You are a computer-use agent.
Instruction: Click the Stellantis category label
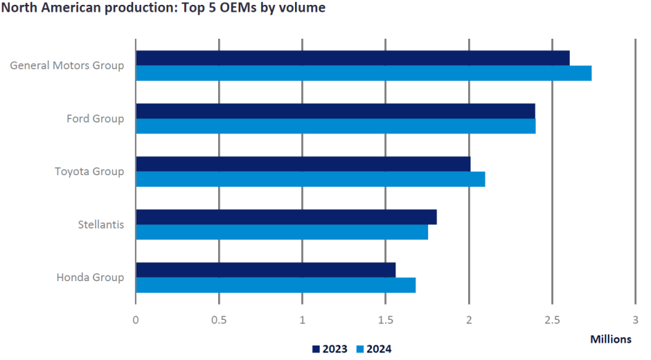101,224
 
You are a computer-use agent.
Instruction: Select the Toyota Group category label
89,171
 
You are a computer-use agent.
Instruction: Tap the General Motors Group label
67,66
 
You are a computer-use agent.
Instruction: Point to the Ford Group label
95,118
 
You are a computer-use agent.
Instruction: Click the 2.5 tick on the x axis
552,320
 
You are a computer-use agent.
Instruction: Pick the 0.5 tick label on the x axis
219,320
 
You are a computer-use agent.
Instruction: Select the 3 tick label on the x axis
635,320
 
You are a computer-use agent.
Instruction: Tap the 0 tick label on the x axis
136,320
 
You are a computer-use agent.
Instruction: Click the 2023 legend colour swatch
316,349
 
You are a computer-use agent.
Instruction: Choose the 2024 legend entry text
379,349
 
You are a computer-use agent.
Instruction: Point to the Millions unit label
611,339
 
